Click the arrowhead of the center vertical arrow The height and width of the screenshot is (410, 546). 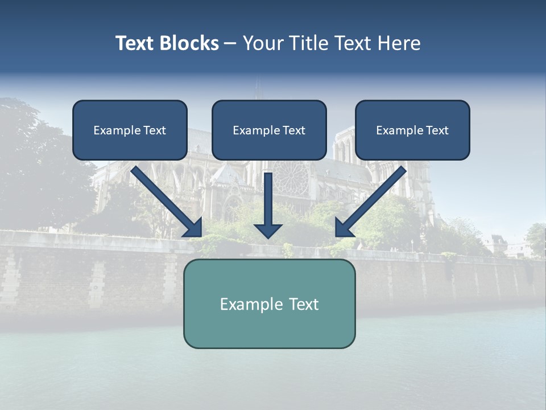(268, 230)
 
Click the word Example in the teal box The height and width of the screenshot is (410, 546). (249, 304)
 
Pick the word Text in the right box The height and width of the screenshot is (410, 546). (437, 130)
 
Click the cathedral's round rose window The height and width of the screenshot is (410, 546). (290, 178)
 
